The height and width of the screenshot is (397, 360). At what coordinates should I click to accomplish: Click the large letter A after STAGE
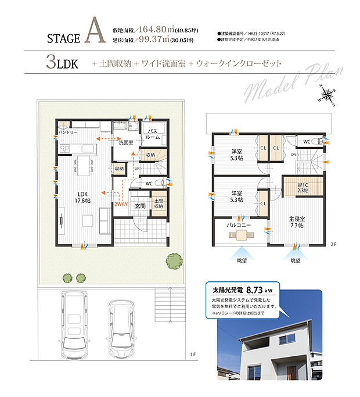[x=93, y=33]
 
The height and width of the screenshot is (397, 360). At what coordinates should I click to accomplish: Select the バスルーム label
[x=153, y=134]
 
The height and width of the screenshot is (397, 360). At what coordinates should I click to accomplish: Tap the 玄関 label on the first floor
[x=141, y=205]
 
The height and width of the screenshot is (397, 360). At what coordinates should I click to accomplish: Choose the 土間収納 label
[x=159, y=205]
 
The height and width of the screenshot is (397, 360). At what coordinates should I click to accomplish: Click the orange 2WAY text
[x=121, y=205]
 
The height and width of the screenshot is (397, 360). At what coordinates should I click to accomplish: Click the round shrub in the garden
[x=172, y=260]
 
